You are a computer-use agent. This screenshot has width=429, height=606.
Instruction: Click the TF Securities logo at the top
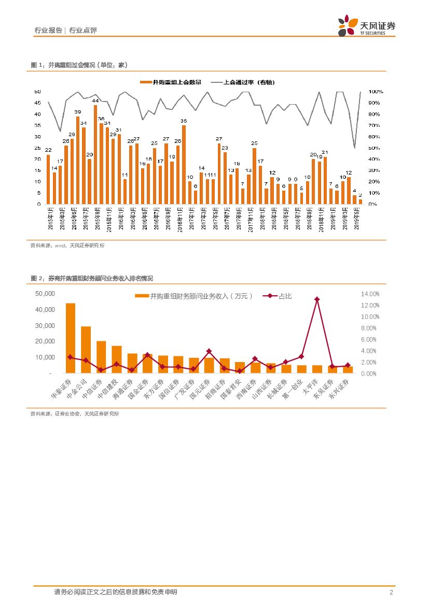[366, 25]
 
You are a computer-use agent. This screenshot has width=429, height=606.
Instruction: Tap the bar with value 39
[78, 160]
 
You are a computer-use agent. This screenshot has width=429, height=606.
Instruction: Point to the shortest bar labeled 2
[360, 201]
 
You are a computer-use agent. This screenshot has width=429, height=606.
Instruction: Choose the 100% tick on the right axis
[376, 92]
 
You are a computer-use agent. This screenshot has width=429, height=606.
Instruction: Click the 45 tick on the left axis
[37, 103]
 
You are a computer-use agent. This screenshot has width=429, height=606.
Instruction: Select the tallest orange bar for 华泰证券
[71, 338]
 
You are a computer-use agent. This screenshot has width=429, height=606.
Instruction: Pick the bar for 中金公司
[86, 350]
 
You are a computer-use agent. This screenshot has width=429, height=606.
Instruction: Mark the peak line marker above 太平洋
[317, 299]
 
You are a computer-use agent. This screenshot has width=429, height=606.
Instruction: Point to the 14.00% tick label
[370, 294]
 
